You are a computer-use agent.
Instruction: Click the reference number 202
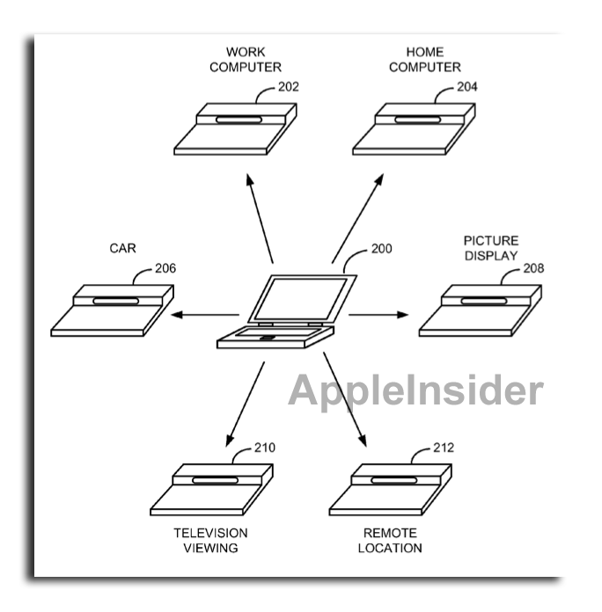289,87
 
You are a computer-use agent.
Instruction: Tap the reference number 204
467,87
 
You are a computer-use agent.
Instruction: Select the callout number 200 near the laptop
381,249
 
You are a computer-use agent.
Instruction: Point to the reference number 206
165,268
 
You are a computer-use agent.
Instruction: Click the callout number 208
533,268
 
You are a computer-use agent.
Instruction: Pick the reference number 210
264,448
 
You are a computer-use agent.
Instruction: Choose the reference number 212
444,448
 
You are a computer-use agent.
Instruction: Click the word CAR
122,248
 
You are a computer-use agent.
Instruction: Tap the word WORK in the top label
246,52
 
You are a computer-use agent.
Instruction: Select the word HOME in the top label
425,52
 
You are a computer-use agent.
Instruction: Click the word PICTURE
491,240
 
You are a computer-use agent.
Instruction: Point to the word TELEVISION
210,533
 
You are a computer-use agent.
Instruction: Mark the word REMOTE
390,533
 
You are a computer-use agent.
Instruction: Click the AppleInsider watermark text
415,390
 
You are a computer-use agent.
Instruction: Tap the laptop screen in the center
300,299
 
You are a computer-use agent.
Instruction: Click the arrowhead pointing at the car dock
177,315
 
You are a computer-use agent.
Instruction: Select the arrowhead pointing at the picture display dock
403,315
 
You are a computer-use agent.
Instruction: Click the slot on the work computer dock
239,120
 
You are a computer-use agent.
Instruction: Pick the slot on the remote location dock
393,480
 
